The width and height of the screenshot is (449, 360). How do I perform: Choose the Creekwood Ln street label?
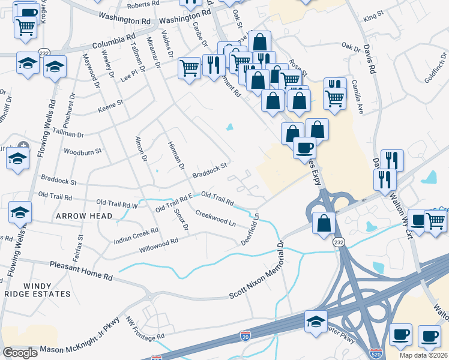pyautogui.click(x=215, y=218)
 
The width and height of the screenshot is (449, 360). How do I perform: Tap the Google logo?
pyautogui.click(x=20, y=352)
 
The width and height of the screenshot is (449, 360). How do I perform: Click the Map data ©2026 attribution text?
pyautogui.click(x=423, y=355)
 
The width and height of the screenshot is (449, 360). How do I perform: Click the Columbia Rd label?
pyautogui.click(x=113, y=41)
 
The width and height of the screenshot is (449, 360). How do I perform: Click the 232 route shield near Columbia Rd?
pyautogui.click(x=44, y=52)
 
